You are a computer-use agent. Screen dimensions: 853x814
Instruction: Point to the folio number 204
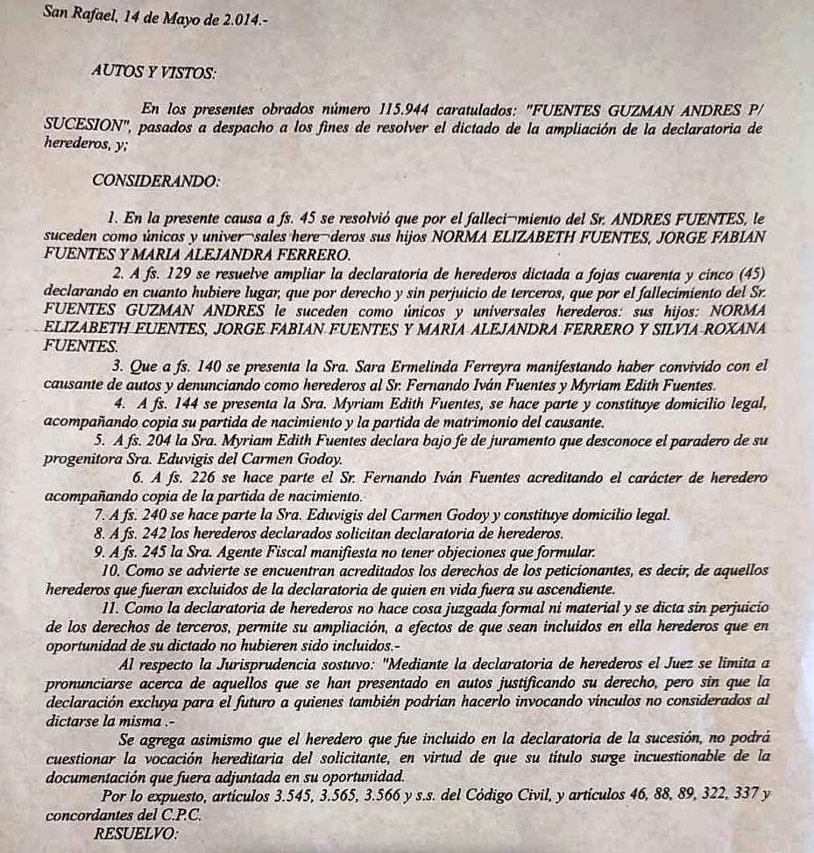(x=150, y=440)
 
